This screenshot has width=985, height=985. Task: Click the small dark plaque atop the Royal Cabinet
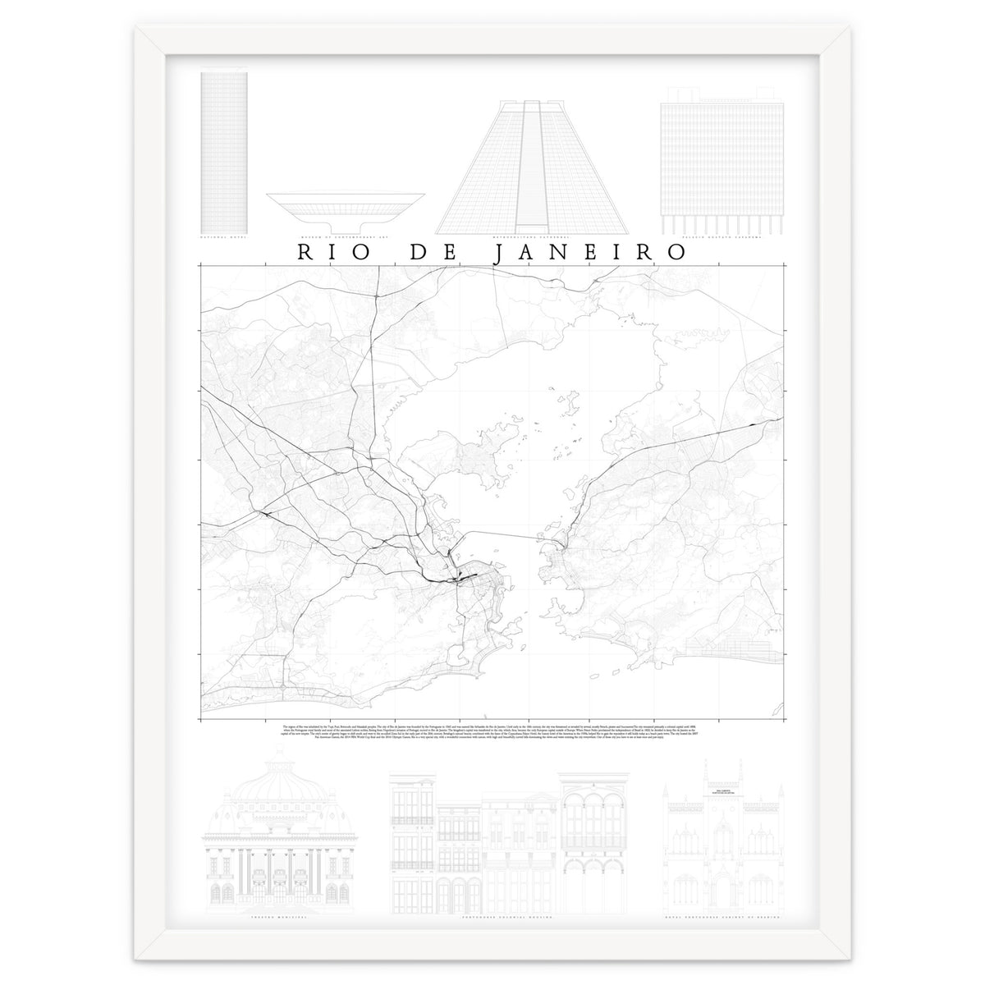click(722, 793)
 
